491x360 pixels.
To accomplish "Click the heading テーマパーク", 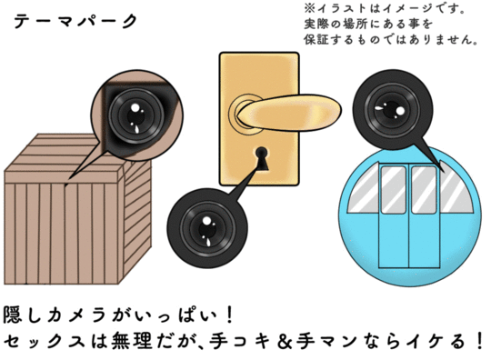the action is click(76, 22).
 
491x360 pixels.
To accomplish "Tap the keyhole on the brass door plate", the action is click(262, 159).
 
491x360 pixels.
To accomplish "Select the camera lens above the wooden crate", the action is click(136, 116).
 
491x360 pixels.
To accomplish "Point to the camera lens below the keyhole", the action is click(207, 229).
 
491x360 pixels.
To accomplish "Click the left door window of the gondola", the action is click(394, 190).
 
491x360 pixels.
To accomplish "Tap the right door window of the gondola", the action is click(424, 190).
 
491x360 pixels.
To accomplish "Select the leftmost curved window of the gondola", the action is click(364, 190).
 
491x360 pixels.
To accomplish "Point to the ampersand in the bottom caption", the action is click(285, 342).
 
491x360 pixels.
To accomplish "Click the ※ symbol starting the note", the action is click(309, 8).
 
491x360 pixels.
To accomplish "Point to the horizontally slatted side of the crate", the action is click(137, 219).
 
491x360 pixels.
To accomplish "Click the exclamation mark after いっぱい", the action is click(230, 315).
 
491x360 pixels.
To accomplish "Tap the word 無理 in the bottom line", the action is click(132, 342).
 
